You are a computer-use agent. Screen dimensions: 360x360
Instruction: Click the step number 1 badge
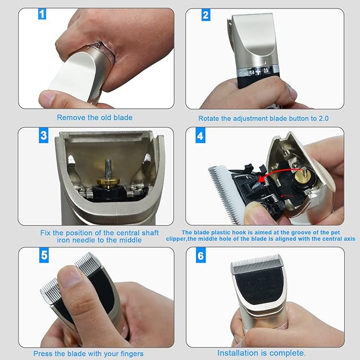tap(42, 14)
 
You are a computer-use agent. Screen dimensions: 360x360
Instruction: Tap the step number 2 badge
tap(206, 15)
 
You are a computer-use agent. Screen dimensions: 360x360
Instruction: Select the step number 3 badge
tap(43, 135)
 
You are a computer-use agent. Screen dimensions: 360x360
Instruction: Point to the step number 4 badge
tap(200, 136)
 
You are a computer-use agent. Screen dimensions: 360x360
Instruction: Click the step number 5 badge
tap(44, 256)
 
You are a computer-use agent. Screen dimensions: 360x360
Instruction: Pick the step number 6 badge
tap(200, 256)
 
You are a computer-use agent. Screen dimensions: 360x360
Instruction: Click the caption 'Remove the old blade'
tap(94, 118)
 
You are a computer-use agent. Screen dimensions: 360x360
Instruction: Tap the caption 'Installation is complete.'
tap(261, 353)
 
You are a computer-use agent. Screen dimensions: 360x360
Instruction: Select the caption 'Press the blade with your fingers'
tap(88, 354)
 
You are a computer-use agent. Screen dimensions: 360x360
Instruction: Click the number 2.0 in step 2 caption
tap(323, 118)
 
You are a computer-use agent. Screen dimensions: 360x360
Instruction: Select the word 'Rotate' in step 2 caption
tap(209, 118)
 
